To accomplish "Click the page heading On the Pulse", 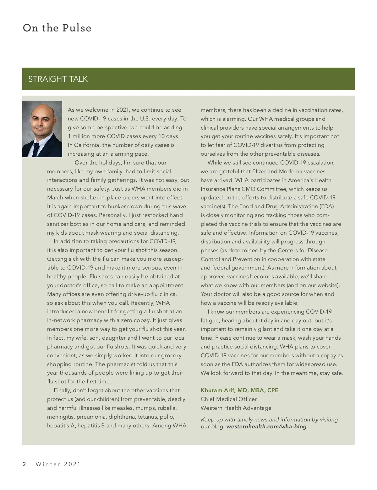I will tap(57, 28).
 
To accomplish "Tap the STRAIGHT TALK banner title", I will tap(58, 79).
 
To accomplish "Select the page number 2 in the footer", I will tap(24, 464).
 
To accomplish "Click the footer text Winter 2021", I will tap(58, 464).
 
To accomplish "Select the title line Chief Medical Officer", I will tap(228, 399).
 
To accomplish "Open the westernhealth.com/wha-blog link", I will tap(266, 427).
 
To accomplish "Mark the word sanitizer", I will tap(57, 224).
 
